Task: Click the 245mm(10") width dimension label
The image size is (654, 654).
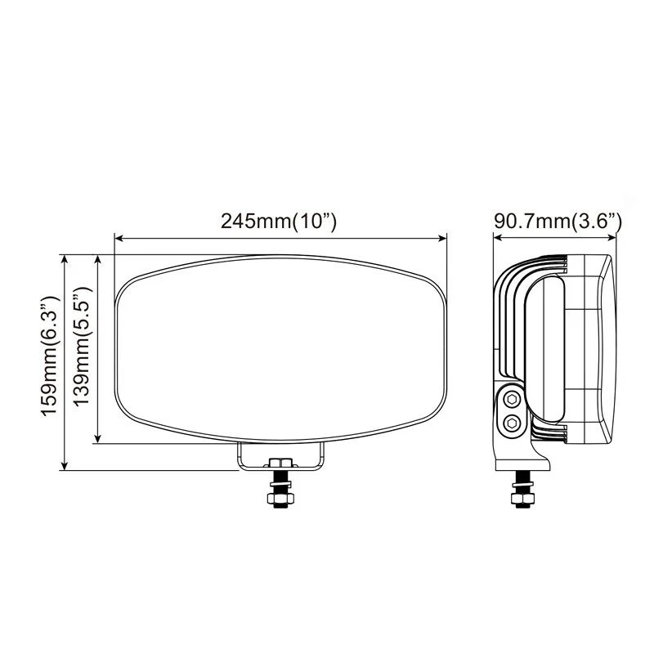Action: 280,222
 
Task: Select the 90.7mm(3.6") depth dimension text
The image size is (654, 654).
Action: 558,222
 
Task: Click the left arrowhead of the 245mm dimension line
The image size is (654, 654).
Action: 118,239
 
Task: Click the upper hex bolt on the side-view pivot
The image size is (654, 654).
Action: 512,400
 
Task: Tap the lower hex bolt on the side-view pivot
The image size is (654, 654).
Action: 512,423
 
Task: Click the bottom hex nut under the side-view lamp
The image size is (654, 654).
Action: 520,499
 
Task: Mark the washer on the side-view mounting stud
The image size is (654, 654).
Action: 520,488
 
